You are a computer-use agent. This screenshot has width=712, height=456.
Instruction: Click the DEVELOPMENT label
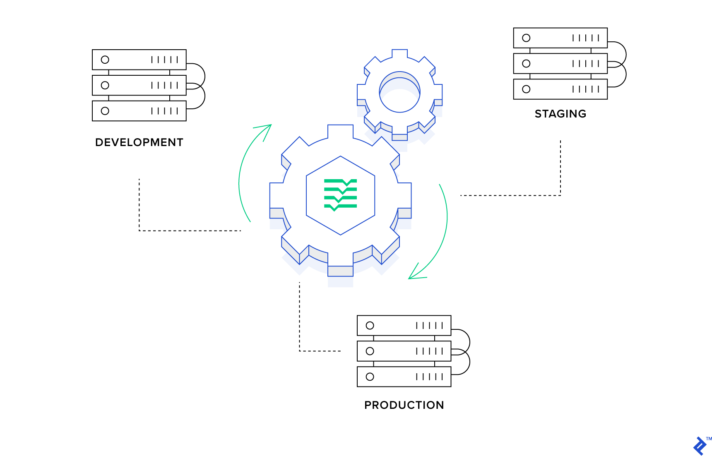point(139,142)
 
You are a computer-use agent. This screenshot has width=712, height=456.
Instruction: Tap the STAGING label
point(560,114)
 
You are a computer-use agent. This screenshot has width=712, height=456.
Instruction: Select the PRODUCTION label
point(404,405)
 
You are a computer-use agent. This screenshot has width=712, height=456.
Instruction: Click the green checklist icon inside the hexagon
point(340,195)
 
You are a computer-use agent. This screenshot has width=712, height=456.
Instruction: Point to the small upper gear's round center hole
point(400,93)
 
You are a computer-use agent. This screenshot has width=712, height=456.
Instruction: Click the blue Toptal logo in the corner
point(700,446)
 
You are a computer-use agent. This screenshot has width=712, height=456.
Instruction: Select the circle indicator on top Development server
point(105,60)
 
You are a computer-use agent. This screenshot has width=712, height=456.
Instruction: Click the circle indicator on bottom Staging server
point(526,89)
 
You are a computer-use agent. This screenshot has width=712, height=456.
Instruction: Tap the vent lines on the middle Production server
point(429,351)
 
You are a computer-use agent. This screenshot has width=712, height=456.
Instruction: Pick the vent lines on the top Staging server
point(585,38)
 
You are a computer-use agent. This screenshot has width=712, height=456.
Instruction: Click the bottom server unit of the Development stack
point(139,111)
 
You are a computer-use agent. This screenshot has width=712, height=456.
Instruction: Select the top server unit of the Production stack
point(404,326)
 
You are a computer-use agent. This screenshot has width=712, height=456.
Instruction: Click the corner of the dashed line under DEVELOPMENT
point(140,230)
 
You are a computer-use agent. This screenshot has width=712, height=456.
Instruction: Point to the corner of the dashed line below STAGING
point(560,195)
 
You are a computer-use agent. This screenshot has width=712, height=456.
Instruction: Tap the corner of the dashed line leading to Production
point(300,351)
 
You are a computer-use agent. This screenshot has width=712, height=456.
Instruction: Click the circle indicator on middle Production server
point(370,351)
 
